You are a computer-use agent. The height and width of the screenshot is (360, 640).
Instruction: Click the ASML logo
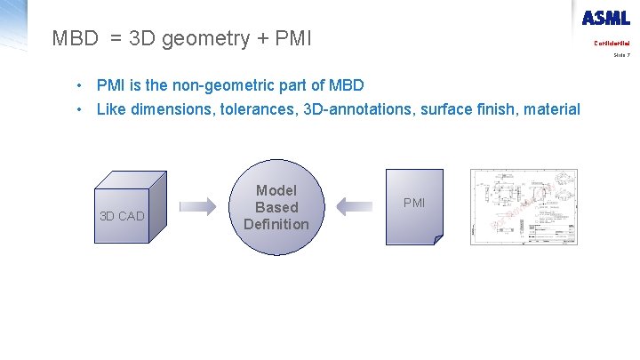click(x=605, y=18)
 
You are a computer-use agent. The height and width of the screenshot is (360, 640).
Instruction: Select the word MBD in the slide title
click(x=76, y=38)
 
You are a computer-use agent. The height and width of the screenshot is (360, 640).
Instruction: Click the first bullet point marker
click(x=80, y=85)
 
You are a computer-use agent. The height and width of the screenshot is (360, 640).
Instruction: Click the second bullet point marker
click(x=80, y=109)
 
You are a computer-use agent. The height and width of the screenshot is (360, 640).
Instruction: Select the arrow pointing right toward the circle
click(x=197, y=206)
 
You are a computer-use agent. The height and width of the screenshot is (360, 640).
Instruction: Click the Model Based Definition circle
click(x=276, y=206)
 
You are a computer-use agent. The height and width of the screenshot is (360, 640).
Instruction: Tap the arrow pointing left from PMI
click(x=354, y=206)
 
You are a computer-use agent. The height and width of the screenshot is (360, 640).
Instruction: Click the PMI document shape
click(x=414, y=205)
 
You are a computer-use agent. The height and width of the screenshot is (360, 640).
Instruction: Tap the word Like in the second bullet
click(x=110, y=109)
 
